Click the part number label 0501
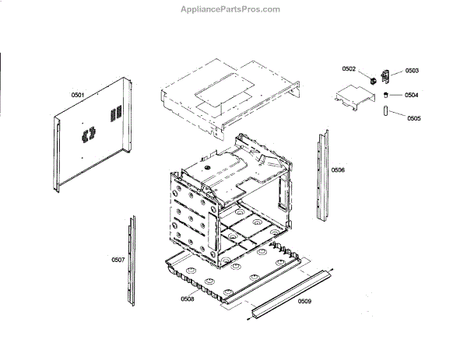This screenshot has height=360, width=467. [77, 95]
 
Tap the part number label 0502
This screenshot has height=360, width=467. [349, 70]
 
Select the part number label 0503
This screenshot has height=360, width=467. [412, 71]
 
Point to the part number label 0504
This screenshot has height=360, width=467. [412, 95]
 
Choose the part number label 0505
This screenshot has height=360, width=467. [413, 118]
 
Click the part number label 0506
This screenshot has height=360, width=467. [338, 170]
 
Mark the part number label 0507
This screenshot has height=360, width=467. [118, 259]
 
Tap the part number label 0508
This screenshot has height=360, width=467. [188, 299]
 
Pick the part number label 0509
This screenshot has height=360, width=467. [304, 301]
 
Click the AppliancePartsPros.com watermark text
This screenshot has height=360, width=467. [233, 9]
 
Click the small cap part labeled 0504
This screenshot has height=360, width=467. [385, 94]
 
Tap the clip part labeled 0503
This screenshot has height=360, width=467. [388, 75]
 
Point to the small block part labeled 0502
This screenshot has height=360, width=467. [373, 78]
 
